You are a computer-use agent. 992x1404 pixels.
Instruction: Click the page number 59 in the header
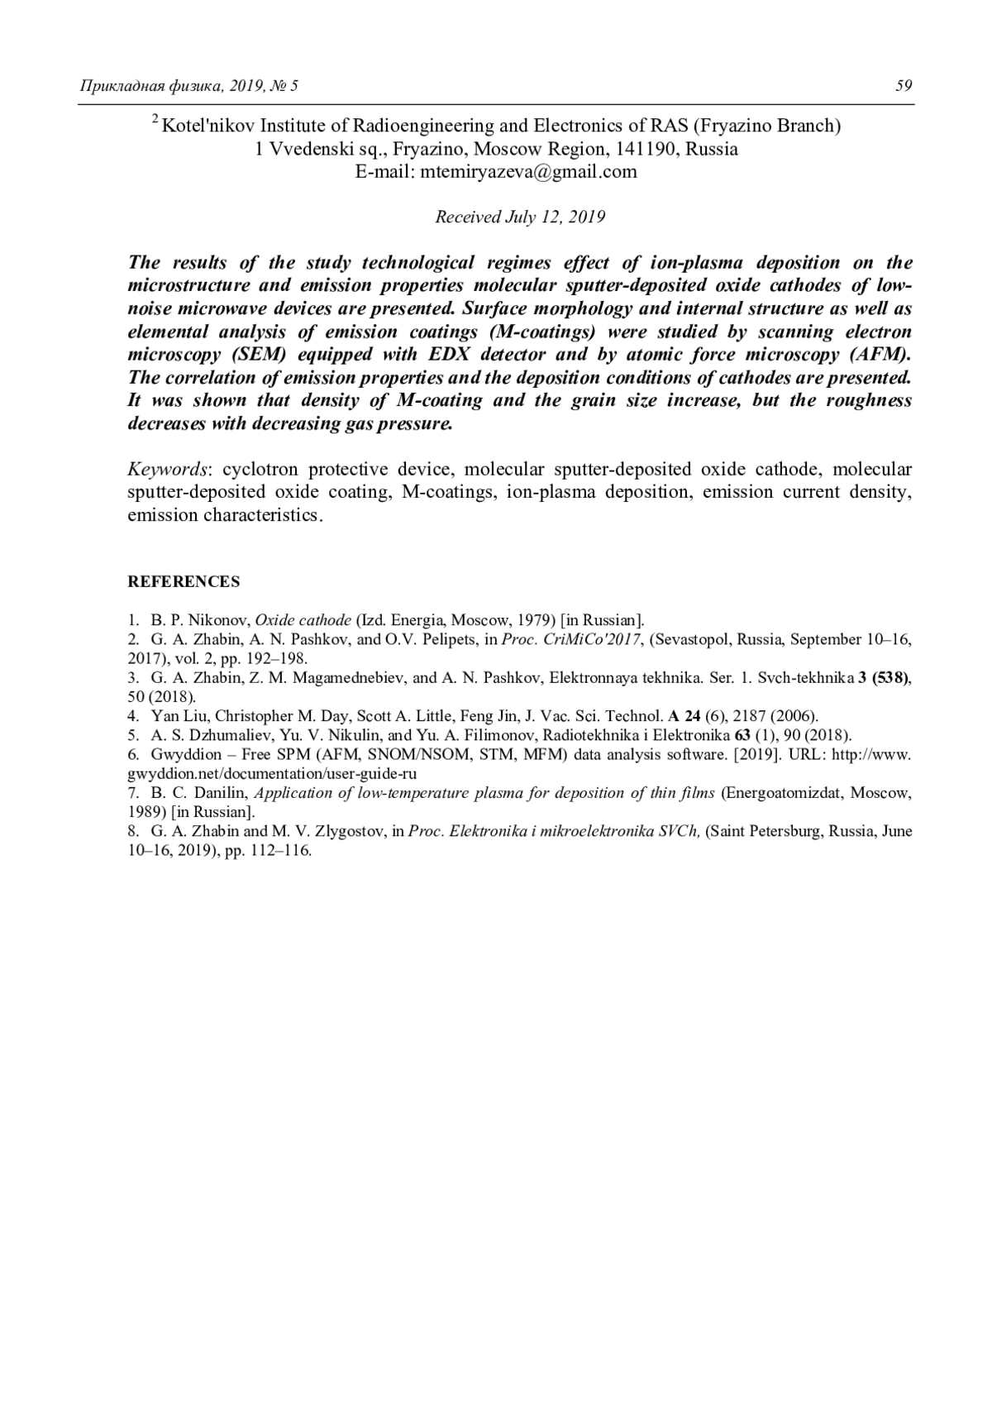(903, 86)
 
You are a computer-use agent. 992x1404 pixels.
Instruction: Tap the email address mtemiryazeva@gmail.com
(529, 172)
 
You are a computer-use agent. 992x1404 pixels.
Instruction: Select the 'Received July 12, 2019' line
(520, 217)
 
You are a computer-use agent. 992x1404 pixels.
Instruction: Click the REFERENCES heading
(184, 581)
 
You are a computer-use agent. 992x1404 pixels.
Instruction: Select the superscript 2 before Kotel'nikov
(155, 121)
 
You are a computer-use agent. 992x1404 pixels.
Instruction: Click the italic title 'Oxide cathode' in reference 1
(303, 619)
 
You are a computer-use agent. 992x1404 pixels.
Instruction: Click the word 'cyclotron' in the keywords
(260, 470)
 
